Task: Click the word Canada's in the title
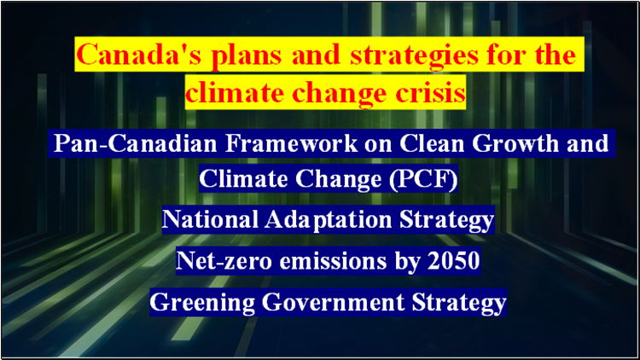coord(139,55)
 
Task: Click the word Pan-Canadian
coord(135,143)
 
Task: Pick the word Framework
coord(292,143)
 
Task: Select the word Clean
coord(432,143)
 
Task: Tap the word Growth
coord(515,143)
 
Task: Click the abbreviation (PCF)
coord(423,180)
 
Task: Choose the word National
coord(210,219)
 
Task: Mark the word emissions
coord(333,260)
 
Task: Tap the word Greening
coord(201,303)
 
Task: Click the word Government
coord(333,302)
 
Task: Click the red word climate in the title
coord(235,92)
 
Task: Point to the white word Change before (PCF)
coord(339,180)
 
